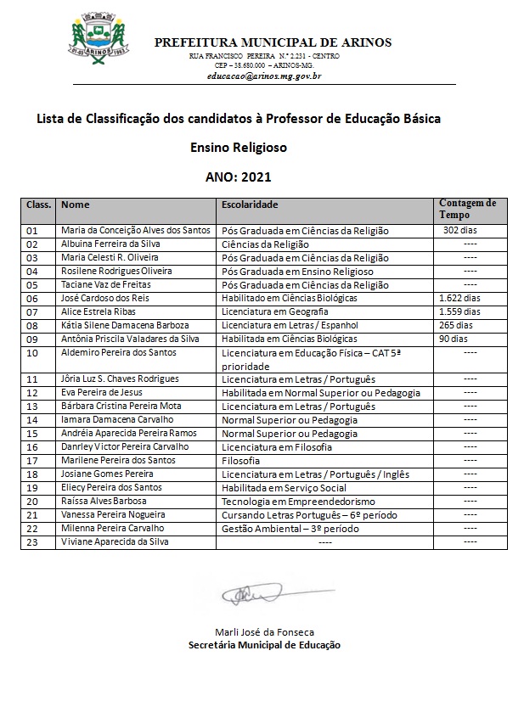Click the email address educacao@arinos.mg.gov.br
click(263, 76)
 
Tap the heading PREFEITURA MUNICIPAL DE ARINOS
click(273, 42)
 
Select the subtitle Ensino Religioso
click(239, 147)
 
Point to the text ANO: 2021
click(238, 177)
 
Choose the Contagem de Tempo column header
click(467, 209)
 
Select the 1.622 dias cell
click(459, 298)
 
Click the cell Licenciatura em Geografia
click(277, 311)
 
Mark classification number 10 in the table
click(32, 352)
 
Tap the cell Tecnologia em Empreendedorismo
click(292, 501)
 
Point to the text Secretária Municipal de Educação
click(264, 645)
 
